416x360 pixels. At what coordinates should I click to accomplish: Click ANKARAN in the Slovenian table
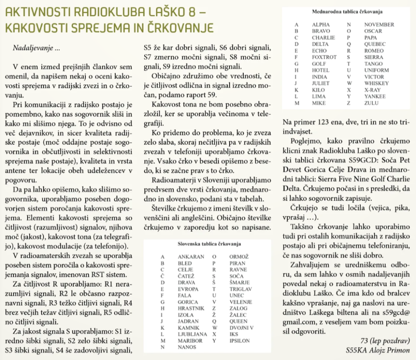191,257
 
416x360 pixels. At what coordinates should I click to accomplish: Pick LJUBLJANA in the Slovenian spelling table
193,334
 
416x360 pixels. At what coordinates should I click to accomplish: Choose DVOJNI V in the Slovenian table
242,328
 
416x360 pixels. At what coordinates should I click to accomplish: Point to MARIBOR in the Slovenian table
190,341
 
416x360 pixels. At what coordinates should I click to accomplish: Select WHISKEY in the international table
377,83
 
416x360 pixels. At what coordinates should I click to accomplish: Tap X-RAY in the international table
373,89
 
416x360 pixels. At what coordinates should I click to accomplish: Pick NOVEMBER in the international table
379,25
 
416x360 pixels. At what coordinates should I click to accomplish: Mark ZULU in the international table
372,102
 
